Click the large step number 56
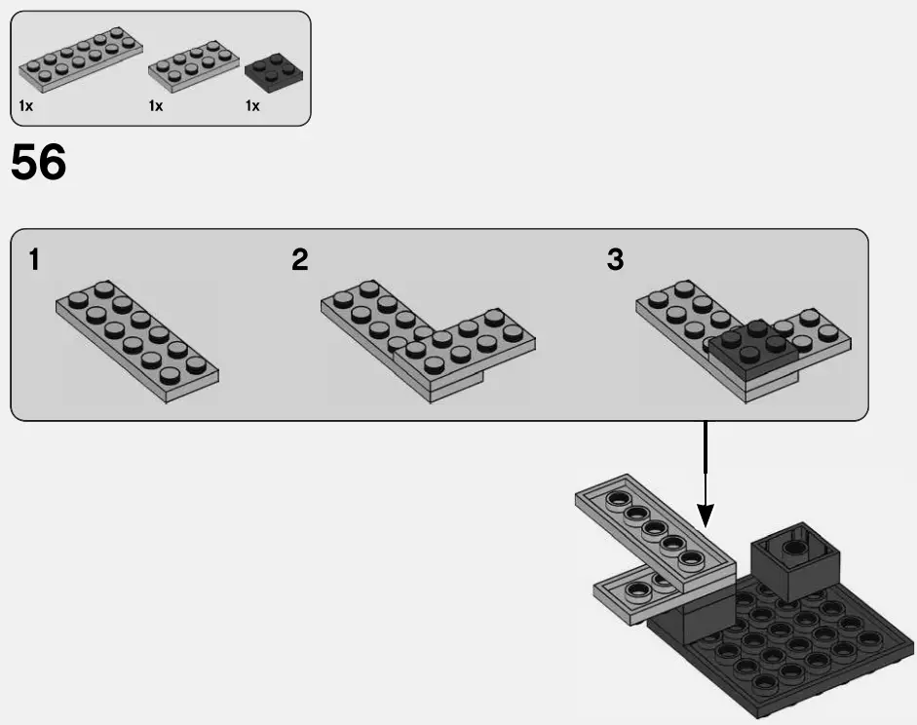(x=39, y=164)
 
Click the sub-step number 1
(x=35, y=260)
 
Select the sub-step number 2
(x=300, y=260)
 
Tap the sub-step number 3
(x=615, y=260)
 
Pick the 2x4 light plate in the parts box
(x=193, y=62)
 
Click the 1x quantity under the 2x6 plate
(x=25, y=105)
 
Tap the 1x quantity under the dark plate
(x=252, y=105)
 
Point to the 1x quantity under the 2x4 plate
(x=156, y=105)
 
